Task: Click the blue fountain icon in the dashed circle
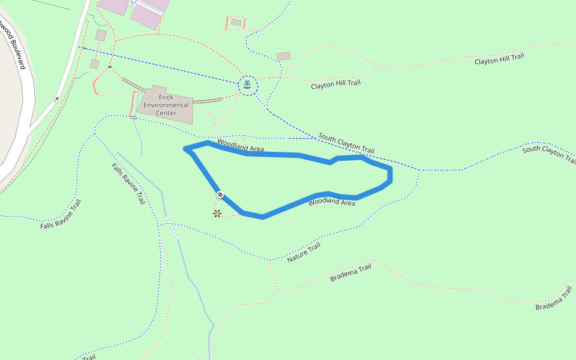pyautogui.click(x=248, y=85)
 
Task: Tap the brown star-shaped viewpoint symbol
pyautogui.click(x=217, y=213)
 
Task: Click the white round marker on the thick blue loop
pyautogui.click(x=220, y=194)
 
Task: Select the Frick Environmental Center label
pyautogui.click(x=166, y=105)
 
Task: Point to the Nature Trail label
pyautogui.click(x=304, y=253)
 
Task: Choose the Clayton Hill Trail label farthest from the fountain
pyautogui.click(x=499, y=59)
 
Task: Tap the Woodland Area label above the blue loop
pyautogui.click(x=240, y=145)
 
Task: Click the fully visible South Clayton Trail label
pyautogui.click(x=346, y=143)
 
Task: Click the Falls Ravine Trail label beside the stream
pyautogui.click(x=128, y=184)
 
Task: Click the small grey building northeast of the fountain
pyautogui.click(x=284, y=56)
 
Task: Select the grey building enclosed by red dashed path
pyautogui.click(x=236, y=22)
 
